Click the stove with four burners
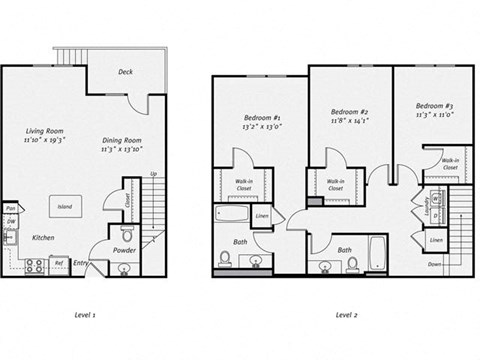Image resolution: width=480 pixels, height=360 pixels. click(34, 265)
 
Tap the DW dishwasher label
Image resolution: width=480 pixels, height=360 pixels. click(9, 221)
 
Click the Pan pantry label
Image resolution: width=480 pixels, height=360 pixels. click(9, 206)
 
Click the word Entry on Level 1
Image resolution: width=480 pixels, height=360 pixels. click(80, 264)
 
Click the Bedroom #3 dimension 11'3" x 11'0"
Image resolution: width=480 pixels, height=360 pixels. click(436, 116)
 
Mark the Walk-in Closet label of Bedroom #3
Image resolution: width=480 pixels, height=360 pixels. click(450, 164)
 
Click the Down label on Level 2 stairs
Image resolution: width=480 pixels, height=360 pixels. click(434, 265)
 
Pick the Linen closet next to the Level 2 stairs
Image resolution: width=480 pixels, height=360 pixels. click(436, 241)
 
